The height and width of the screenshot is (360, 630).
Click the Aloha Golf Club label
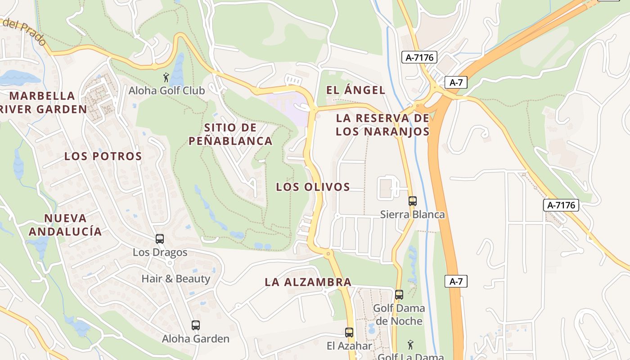pos(166,90)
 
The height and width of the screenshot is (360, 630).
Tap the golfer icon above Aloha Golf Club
pos(166,77)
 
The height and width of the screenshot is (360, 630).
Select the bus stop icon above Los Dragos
pos(160,239)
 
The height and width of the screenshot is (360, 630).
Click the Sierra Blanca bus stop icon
pos(413,201)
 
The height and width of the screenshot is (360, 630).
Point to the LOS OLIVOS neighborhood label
pos(313,187)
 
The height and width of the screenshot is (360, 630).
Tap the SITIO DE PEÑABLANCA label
pos(230,134)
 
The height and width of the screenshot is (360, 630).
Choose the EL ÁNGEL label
pos(355,90)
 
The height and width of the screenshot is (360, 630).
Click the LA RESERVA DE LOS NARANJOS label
pos(382,125)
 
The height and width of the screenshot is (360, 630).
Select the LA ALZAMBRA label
pos(308,282)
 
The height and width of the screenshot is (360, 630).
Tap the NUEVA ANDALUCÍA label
pos(65,225)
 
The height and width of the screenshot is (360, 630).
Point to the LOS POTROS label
pos(103,156)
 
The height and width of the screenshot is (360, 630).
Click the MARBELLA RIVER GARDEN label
pos(43,102)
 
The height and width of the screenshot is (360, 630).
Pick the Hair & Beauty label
pos(175,279)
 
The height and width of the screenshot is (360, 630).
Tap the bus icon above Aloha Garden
pos(195,325)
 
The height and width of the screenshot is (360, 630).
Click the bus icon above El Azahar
pos(349,333)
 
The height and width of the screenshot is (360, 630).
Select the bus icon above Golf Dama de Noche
pos(399,295)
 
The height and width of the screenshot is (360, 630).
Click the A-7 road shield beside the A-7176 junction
pos(456,82)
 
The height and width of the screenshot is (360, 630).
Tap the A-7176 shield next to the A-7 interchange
pos(419,57)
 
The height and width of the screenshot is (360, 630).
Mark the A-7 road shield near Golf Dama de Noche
pos(456,282)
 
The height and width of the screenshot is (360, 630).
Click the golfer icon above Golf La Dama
pos(410,345)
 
